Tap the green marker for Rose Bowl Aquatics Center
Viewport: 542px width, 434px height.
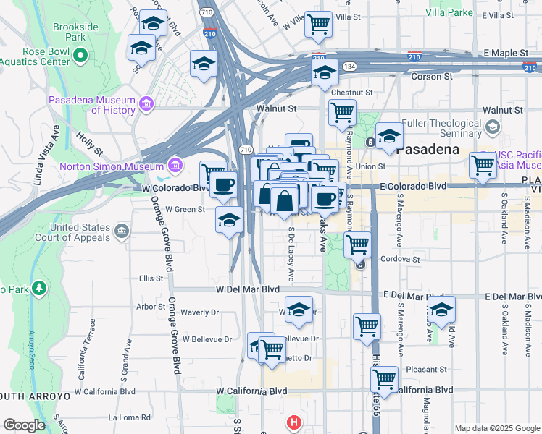click(x=80, y=55)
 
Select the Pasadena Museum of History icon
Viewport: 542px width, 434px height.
click(x=147, y=105)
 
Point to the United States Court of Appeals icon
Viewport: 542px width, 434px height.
click(x=121, y=232)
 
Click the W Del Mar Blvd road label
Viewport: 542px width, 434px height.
click(x=247, y=289)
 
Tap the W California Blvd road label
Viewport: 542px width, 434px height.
click(x=251, y=391)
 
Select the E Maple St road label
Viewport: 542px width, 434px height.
click(x=506, y=53)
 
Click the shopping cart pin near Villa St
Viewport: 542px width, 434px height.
click(x=318, y=24)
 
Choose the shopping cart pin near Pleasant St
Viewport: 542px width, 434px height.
click(x=384, y=378)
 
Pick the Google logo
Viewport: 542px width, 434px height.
click(x=24, y=425)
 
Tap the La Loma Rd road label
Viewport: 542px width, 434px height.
click(x=129, y=417)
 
